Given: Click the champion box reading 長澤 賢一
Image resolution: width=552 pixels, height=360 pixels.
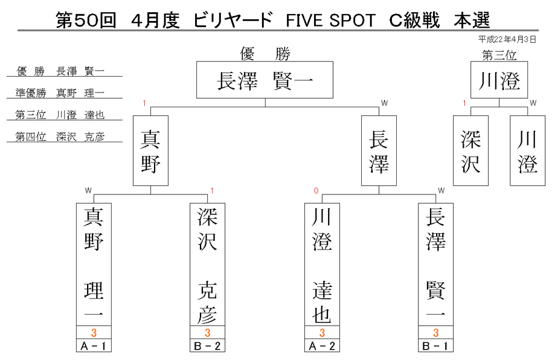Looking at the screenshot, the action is pyautogui.click(x=265, y=80).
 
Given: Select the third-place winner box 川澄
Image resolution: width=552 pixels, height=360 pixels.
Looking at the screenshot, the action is pyautogui.click(x=499, y=80).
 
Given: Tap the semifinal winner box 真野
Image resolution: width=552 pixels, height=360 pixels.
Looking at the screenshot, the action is pyautogui.click(x=151, y=151).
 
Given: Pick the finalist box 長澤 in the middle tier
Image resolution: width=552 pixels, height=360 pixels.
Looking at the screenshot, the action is pyautogui.click(x=379, y=151).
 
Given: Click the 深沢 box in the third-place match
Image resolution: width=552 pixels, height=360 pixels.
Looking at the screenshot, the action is pyautogui.click(x=470, y=151).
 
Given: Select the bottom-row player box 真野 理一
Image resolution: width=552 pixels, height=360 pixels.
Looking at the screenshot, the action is pyautogui.click(x=94, y=264).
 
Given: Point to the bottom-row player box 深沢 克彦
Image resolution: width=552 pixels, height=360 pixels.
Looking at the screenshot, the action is pyautogui.click(x=207, y=264).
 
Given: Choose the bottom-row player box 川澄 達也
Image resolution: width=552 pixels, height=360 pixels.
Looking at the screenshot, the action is pyautogui.click(x=322, y=264).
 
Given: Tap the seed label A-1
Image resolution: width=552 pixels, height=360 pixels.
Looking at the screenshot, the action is pyautogui.click(x=94, y=346).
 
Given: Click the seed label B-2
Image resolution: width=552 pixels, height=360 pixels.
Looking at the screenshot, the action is pyautogui.click(x=207, y=346).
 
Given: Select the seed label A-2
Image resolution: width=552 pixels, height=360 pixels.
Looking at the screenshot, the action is pyautogui.click(x=322, y=346).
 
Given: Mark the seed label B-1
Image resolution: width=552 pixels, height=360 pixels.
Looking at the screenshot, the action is pyautogui.click(x=436, y=346).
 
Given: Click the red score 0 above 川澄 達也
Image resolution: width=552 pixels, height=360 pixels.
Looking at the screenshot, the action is pyautogui.click(x=316, y=191).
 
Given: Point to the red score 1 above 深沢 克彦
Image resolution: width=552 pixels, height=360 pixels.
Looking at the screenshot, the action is pyautogui.click(x=212, y=191).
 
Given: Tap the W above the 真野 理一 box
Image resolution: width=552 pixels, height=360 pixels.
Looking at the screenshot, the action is pyautogui.click(x=88, y=191).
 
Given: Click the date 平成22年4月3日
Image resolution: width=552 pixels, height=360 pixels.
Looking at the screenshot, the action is pyautogui.click(x=507, y=39).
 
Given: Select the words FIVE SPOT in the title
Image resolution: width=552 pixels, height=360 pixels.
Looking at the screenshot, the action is pyautogui.click(x=331, y=20).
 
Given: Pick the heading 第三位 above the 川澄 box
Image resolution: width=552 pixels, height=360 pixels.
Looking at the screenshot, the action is pyautogui.click(x=499, y=55).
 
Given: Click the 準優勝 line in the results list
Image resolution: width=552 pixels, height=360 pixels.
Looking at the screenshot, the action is pyautogui.click(x=60, y=93).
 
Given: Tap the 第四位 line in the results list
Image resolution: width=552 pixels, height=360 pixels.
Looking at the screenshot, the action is pyautogui.click(x=60, y=137).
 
